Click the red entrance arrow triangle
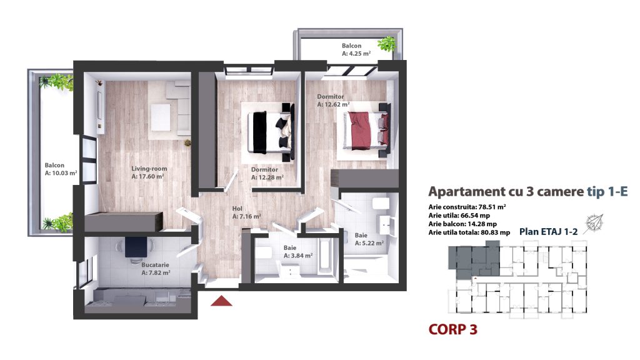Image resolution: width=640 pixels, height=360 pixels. pos(221,301)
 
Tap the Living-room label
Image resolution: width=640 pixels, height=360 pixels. pos(149,169)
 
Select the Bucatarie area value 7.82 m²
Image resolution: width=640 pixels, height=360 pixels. pos(156,272)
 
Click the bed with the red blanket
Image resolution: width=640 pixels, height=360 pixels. pos(366,130)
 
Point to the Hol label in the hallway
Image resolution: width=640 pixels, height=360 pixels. pos(237,209)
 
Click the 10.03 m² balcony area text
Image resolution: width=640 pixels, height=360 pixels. pos(61,173)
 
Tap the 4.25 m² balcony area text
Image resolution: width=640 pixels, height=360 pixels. pos(356,54)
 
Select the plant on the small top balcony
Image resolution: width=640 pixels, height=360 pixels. pos(386,43)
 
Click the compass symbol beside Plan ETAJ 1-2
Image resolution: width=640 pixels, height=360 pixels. pos(594,224)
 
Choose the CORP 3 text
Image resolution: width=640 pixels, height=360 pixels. pos(452,329)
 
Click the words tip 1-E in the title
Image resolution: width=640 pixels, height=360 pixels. pos(607,191)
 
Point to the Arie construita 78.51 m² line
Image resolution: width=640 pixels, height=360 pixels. pos(467,207)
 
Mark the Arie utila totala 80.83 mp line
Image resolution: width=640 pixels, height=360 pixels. pos(469,232)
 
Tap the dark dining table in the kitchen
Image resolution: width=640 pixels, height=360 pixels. pos(136,247)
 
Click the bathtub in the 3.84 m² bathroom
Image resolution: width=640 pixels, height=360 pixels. pos(325,257)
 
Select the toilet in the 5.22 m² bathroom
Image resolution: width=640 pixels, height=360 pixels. pos(381,204)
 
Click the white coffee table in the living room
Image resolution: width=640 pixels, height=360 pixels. pos(161,117)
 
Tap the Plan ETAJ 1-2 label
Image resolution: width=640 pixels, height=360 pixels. pos(548,232)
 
